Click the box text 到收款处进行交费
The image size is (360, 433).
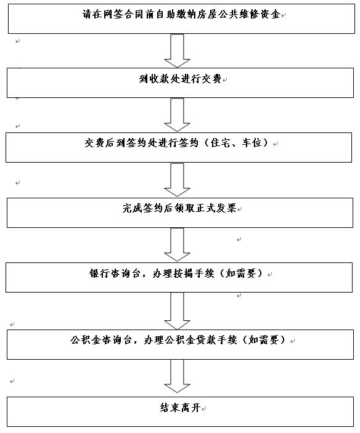point(180,79)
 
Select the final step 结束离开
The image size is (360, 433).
point(180,408)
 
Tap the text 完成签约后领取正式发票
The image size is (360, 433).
point(179,208)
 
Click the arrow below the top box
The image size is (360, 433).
point(177,51)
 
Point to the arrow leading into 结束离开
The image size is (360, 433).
point(177,376)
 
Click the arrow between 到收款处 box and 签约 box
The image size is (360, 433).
point(177,115)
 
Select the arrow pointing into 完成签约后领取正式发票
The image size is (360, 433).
point(177,180)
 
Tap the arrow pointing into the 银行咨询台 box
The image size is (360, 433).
point(177,245)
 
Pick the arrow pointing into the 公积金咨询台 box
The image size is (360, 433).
point(177,311)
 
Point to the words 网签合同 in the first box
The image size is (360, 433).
point(123,14)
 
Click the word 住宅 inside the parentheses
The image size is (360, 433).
point(220,143)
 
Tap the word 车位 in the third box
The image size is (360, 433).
point(252,143)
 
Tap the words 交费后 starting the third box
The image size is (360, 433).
point(99,143)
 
